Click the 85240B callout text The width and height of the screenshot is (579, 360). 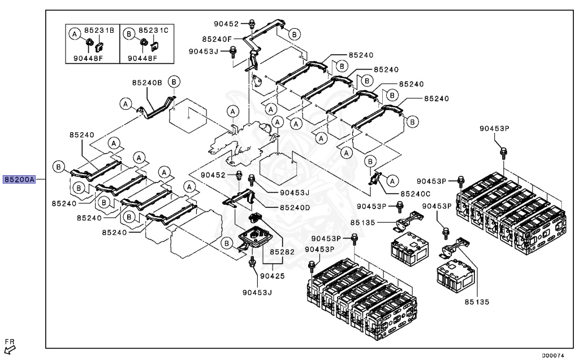click(x=147, y=83)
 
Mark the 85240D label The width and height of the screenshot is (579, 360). click(x=295, y=207)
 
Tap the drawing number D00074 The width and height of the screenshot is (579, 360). click(x=554, y=355)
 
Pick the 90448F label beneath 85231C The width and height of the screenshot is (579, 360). click(x=142, y=58)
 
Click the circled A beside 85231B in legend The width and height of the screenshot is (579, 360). click(x=74, y=34)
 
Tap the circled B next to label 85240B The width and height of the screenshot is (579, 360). click(x=175, y=82)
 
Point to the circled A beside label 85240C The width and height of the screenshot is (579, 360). click(x=392, y=180)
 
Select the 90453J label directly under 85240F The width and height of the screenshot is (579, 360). click(x=204, y=51)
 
